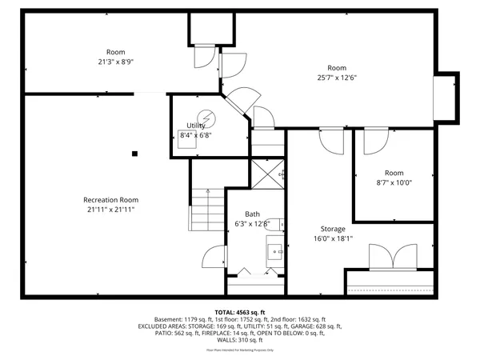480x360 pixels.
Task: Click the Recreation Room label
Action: pyautogui.click(x=111, y=200)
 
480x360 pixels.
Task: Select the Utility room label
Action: pyautogui.click(x=196, y=126)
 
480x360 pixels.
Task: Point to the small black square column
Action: pyautogui.click(x=135, y=153)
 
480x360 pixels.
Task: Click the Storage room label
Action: pyautogui.click(x=333, y=229)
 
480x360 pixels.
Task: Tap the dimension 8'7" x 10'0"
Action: pyautogui.click(x=394, y=182)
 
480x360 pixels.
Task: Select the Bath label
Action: pyautogui.click(x=252, y=214)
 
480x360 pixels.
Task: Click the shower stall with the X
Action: pyautogui.click(x=270, y=172)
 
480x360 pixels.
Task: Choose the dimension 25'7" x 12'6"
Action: pyautogui.click(x=337, y=78)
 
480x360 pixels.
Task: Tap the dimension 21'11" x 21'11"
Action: pyautogui.click(x=111, y=210)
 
